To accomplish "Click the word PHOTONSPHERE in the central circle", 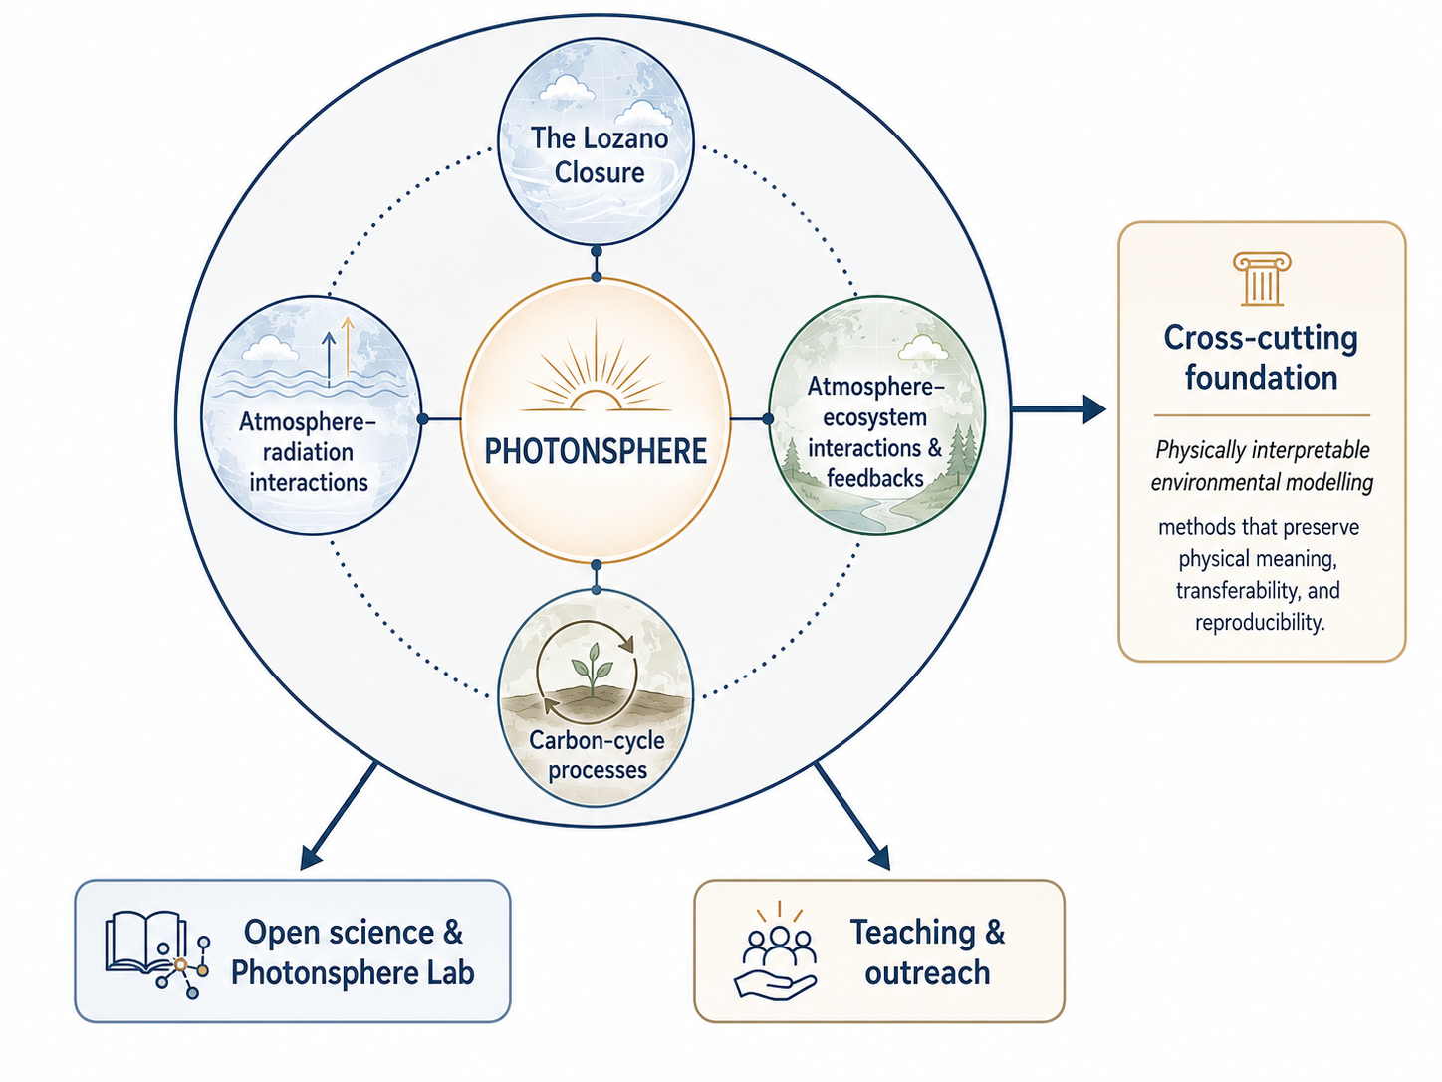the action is [596, 451].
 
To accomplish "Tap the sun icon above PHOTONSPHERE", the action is [596, 367].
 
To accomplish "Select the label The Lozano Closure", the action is [600, 155].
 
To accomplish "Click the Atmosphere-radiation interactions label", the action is [308, 452].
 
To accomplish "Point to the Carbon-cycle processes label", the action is [597, 754].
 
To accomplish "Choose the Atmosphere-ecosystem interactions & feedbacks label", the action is [875, 432].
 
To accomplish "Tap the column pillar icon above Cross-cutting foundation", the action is [1262, 279].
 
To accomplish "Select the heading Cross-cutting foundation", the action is [1261, 358].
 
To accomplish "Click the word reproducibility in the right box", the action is [1260, 622].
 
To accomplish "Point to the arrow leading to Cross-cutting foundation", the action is [1059, 409].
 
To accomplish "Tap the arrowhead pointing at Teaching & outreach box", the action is [879, 857].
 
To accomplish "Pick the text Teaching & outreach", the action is [927, 951].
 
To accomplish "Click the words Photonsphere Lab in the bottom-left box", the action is [353, 972].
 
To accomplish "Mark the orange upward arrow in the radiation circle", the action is [348, 350].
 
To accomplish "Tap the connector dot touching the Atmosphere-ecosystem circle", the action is [768, 418].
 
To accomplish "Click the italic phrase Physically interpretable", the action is [1262, 450].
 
